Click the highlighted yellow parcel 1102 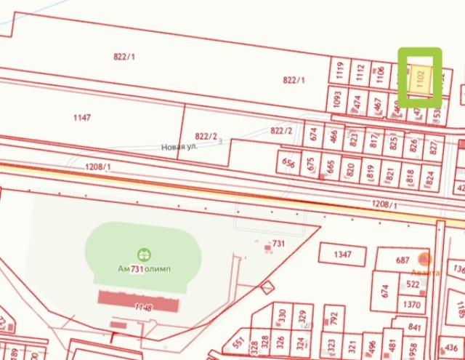click(420, 78)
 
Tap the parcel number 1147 click(82, 117)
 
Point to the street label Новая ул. click(179, 147)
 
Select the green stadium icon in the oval click(143, 254)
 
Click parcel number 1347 click(342, 255)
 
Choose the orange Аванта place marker click(425, 259)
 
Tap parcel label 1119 click(340, 71)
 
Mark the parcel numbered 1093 click(338, 98)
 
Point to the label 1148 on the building click(143, 308)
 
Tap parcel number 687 click(403, 260)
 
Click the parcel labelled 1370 click(411, 304)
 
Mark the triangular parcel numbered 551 click(238, 342)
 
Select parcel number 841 click(416, 327)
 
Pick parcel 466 click(333, 135)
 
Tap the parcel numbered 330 click(281, 316)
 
